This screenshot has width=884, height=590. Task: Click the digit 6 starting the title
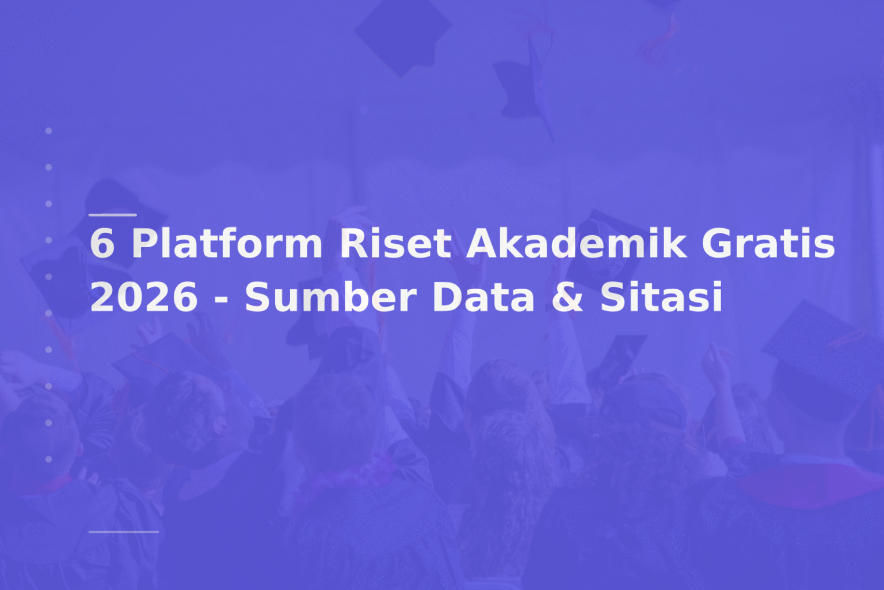pyautogui.click(x=102, y=243)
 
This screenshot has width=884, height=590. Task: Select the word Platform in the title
pyautogui.click(x=227, y=243)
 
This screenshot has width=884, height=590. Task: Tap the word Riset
pyautogui.click(x=395, y=243)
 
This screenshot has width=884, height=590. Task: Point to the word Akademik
pyautogui.click(x=577, y=243)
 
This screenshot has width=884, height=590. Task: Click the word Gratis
pyautogui.click(x=768, y=243)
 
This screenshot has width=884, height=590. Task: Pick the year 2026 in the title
pyautogui.click(x=144, y=297)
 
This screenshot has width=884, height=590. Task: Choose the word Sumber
pyautogui.click(x=330, y=297)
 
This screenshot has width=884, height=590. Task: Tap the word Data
pyautogui.click(x=483, y=297)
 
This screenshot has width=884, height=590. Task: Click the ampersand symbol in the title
pyautogui.click(x=567, y=297)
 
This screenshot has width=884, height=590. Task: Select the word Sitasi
pyautogui.click(x=661, y=297)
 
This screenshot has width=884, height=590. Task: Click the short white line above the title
pyautogui.click(x=113, y=215)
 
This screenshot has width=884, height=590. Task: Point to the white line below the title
pyautogui.click(x=124, y=532)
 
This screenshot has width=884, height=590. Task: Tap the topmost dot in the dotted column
pyautogui.click(x=49, y=131)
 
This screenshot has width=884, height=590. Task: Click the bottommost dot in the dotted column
pyautogui.click(x=49, y=459)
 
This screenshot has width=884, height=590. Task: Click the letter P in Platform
pyautogui.click(x=142, y=243)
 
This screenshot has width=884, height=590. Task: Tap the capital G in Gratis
pyautogui.click(x=717, y=243)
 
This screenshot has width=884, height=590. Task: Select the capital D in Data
pyautogui.click(x=447, y=297)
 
